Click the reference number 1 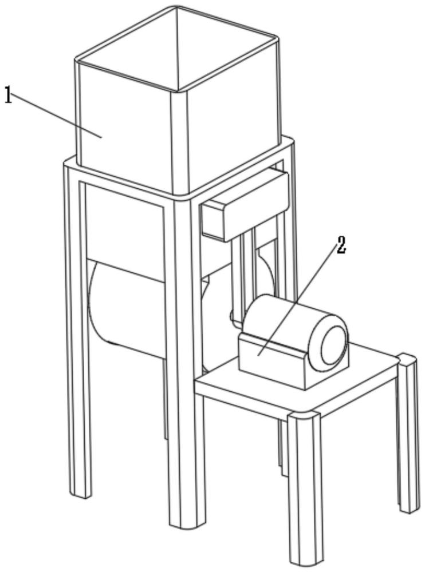pyautogui.click(x=7, y=95)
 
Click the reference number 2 pyautogui.click(x=341, y=245)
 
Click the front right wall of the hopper pyautogui.click(x=235, y=126)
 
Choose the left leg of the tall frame pyautogui.click(x=78, y=343)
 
